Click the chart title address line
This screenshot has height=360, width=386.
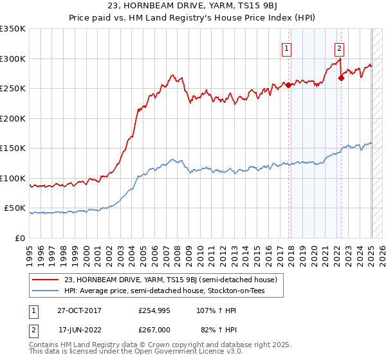(x=192, y=8)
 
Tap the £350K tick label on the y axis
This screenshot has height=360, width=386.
(x=13, y=29)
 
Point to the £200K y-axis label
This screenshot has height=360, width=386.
(x=13, y=118)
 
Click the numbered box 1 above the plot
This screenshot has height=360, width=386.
(x=286, y=47)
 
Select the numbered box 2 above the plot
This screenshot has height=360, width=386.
(x=338, y=47)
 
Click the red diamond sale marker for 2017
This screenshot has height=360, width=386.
(x=289, y=85)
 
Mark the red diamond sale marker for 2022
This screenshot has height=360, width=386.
(x=342, y=78)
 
